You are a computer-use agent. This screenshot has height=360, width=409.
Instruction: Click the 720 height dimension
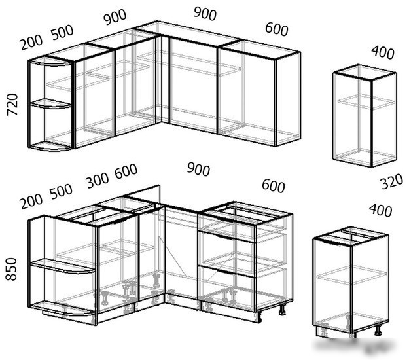click(12, 104)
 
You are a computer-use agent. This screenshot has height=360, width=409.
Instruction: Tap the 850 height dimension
click(11, 269)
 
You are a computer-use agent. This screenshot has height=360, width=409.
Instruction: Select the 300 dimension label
click(98, 180)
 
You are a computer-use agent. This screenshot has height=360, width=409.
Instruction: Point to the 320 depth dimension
click(392, 182)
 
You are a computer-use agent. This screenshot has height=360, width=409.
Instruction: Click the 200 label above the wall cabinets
click(31, 43)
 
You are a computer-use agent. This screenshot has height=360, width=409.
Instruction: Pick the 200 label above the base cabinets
click(31, 202)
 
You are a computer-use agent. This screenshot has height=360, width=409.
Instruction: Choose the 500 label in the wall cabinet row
click(62, 32)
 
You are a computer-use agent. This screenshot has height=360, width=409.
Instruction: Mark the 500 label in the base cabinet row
click(61, 191)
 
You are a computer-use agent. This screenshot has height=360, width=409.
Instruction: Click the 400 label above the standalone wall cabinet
click(383, 52)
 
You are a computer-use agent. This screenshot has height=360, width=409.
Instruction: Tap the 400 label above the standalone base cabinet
click(380, 210)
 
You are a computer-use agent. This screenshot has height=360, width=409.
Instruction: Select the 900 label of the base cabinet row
click(198, 170)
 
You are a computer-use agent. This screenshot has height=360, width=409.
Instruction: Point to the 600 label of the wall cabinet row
click(277, 29)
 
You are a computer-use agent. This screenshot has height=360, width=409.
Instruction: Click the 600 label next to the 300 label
click(126, 171)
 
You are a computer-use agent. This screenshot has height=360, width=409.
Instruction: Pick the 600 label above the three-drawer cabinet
click(273, 186)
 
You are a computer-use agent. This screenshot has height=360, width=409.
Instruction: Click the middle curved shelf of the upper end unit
click(51, 103)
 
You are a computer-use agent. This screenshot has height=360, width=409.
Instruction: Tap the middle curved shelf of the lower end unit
click(63, 266)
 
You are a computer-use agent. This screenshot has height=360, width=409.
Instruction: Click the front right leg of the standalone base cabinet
click(378, 330)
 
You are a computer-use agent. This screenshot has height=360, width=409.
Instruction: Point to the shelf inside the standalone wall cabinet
click(366, 101)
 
